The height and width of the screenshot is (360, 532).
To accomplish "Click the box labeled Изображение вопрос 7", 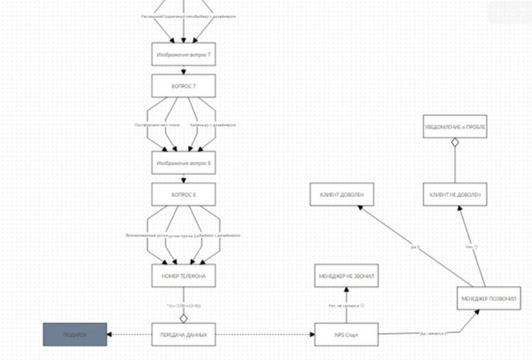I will point(183,55).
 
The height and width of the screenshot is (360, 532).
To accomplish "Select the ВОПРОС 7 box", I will point(183,87).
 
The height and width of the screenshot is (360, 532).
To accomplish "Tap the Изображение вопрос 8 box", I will point(183,163).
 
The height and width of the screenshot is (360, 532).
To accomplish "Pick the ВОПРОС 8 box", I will point(183,194).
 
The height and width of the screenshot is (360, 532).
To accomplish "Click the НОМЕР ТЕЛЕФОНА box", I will point(183,276).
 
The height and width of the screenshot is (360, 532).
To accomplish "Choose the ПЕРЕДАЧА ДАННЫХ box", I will point(184,334).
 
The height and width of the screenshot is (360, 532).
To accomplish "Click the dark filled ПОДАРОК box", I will point(75,334).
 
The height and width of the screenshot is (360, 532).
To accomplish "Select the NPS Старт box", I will point(347,334).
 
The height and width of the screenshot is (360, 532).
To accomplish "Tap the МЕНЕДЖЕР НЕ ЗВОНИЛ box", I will point(347,277).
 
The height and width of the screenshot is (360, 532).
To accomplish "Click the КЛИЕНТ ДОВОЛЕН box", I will point(341,194).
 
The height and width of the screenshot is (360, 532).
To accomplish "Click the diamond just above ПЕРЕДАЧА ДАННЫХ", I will point(184,317).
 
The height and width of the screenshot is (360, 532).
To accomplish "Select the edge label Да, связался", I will point(432,333).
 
